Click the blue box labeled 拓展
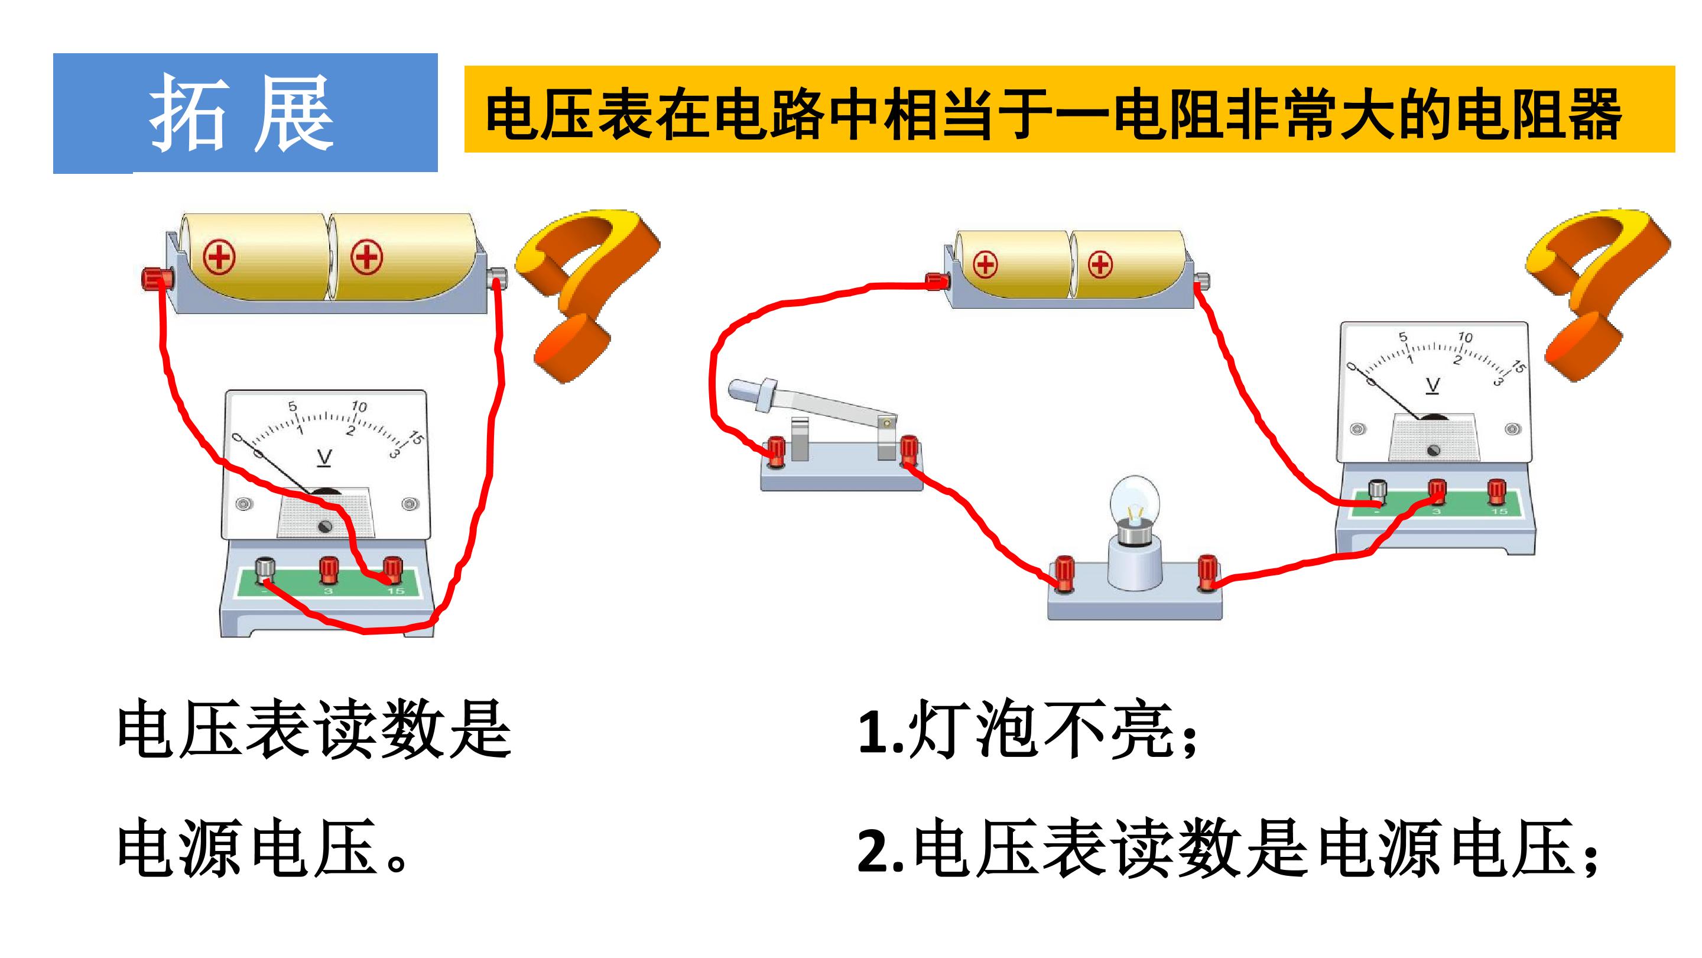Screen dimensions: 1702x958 (x=245, y=113)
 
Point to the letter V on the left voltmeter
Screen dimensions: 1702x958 (x=324, y=458)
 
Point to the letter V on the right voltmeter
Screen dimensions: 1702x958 (x=1433, y=386)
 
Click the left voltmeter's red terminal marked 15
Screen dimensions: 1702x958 (x=393, y=570)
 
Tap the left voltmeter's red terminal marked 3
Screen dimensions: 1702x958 (x=329, y=570)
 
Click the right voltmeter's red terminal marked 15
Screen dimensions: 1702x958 (x=1497, y=493)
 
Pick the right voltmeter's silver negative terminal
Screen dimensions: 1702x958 (x=1377, y=493)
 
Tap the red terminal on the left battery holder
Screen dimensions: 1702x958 (x=157, y=279)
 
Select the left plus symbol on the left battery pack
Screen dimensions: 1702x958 (x=219, y=257)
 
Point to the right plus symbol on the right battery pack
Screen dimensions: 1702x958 (x=1100, y=265)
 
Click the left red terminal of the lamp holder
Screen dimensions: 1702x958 (x=1064, y=573)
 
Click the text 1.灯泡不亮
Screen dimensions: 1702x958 (x=1028, y=730)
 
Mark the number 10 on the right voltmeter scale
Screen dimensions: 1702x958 (x=1465, y=337)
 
